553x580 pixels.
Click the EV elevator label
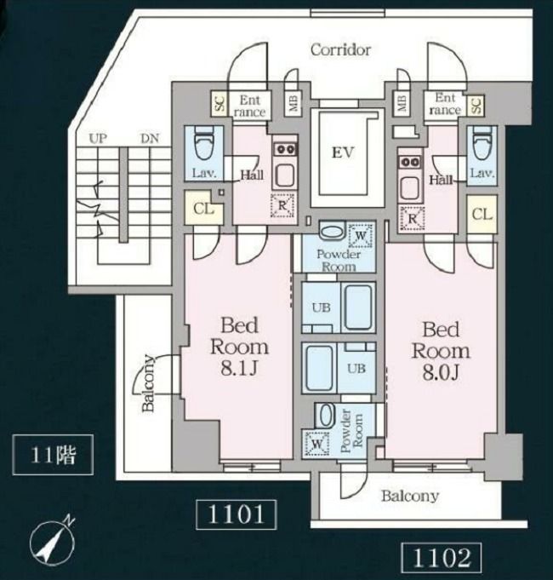pyautogui.click(x=343, y=152)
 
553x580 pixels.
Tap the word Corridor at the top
pyautogui.click(x=340, y=50)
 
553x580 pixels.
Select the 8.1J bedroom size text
pyautogui.click(x=239, y=368)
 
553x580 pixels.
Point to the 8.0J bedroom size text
pyautogui.click(x=441, y=372)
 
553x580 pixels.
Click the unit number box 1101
pyautogui.click(x=236, y=514)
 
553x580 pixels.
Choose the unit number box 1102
pyautogui.click(x=441, y=558)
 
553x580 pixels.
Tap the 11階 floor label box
pyautogui.click(x=53, y=455)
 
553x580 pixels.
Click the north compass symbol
pyautogui.click(x=52, y=537)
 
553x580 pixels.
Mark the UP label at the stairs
pyautogui.click(x=98, y=139)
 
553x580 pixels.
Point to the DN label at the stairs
pyautogui.click(x=150, y=139)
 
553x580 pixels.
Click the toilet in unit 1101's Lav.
pyautogui.click(x=204, y=142)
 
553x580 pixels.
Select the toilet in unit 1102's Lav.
pyautogui.click(x=482, y=143)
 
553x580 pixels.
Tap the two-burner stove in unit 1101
pyautogui.click(x=285, y=150)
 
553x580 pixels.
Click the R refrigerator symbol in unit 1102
pyautogui.click(x=413, y=219)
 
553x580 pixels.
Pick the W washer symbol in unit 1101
pyautogui.click(x=362, y=235)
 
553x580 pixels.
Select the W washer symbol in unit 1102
pyautogui.click(x=317, y=443)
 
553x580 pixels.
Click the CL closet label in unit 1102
pyautogui.click(x=482, y=214)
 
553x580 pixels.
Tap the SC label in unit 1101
pyautogui.click(x=219, y=104)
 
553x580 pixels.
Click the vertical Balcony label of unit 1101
pyautogui.click(x=148, y=383)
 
